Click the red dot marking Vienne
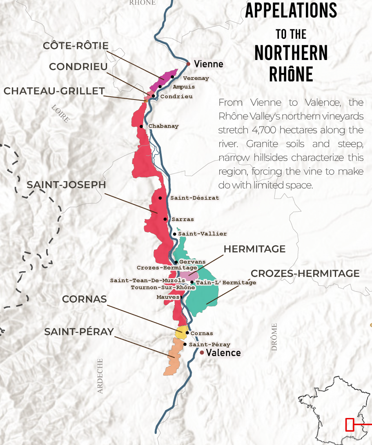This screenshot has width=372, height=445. point(188,64)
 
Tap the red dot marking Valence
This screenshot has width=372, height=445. point(202,352)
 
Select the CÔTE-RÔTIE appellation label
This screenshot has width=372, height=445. point(76,46)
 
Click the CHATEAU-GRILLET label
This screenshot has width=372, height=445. point(54,91)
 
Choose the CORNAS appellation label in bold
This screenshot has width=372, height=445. point(85,299)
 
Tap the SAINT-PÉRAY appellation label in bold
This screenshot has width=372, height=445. point(79,332)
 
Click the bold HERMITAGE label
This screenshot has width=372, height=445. point(254,249)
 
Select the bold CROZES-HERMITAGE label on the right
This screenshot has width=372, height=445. point(305,273)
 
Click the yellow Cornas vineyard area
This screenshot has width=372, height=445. point(180,332)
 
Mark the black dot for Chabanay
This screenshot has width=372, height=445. point(141,126)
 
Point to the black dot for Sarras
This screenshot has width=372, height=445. point(165,219)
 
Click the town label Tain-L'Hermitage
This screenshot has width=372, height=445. point(226,283)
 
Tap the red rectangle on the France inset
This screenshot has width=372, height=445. point(350,425)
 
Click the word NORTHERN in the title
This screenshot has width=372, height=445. point(291,53)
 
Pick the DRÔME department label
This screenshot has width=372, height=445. point(274,337)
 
